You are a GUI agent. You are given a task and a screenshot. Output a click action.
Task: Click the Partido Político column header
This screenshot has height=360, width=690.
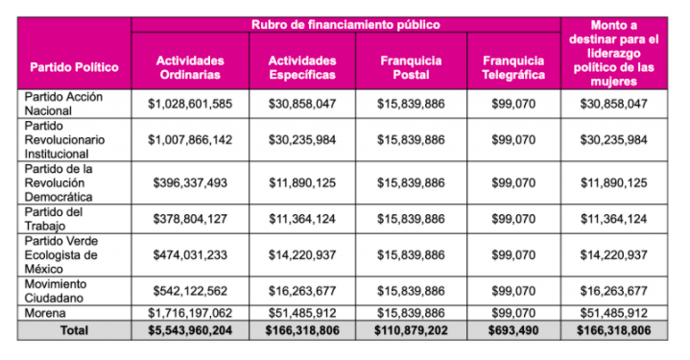pyautogui.click(x=74, y=67)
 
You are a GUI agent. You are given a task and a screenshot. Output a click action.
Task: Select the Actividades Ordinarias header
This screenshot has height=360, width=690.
pyautogui.click(x=189, y=67)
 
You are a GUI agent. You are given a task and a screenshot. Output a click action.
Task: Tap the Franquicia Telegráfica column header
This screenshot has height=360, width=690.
pyautogui.click(x=513, y=67)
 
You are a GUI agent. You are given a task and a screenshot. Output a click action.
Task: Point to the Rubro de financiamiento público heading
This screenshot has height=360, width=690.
pyautogui.click(x=345, y=24)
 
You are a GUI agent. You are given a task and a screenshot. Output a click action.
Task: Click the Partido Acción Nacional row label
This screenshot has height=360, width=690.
pyautogui.click(x=63, y=103)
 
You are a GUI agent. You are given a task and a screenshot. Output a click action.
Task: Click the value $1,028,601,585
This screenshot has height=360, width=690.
pyautogui.click(x=189, y=103)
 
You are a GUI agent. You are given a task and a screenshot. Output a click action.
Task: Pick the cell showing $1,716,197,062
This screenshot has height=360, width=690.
pyautogui.click(x=189, y=313)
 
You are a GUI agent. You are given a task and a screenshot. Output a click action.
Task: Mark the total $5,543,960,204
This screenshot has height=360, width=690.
pyautogui.click(x=189, y=330)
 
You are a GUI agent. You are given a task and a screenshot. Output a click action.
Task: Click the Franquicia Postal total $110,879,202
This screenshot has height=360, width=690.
pyautogui.click(x=411, y=330)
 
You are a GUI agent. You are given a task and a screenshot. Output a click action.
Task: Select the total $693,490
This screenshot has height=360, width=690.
pyautogui.click(x=513, y=330)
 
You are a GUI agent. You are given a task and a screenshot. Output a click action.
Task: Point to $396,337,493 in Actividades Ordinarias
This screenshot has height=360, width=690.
pyautogui.click(x=189, y=182)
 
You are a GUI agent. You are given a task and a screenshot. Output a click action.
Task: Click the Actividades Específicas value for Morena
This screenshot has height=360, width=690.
pyautogui.click(x=301, y=313)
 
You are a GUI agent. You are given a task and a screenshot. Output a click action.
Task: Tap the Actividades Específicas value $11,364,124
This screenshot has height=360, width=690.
pyautogui.click(x=301, y=218)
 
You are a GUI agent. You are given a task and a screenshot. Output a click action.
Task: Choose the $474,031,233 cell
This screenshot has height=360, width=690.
pyautogui.click(x=189, y=255)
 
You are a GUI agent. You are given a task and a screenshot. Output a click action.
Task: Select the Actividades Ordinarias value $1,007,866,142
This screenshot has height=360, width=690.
pyautogui.click(x=189, y=139)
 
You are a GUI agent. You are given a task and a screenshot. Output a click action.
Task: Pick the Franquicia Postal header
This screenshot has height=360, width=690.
pyautogui.click(x=411, y=67)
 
